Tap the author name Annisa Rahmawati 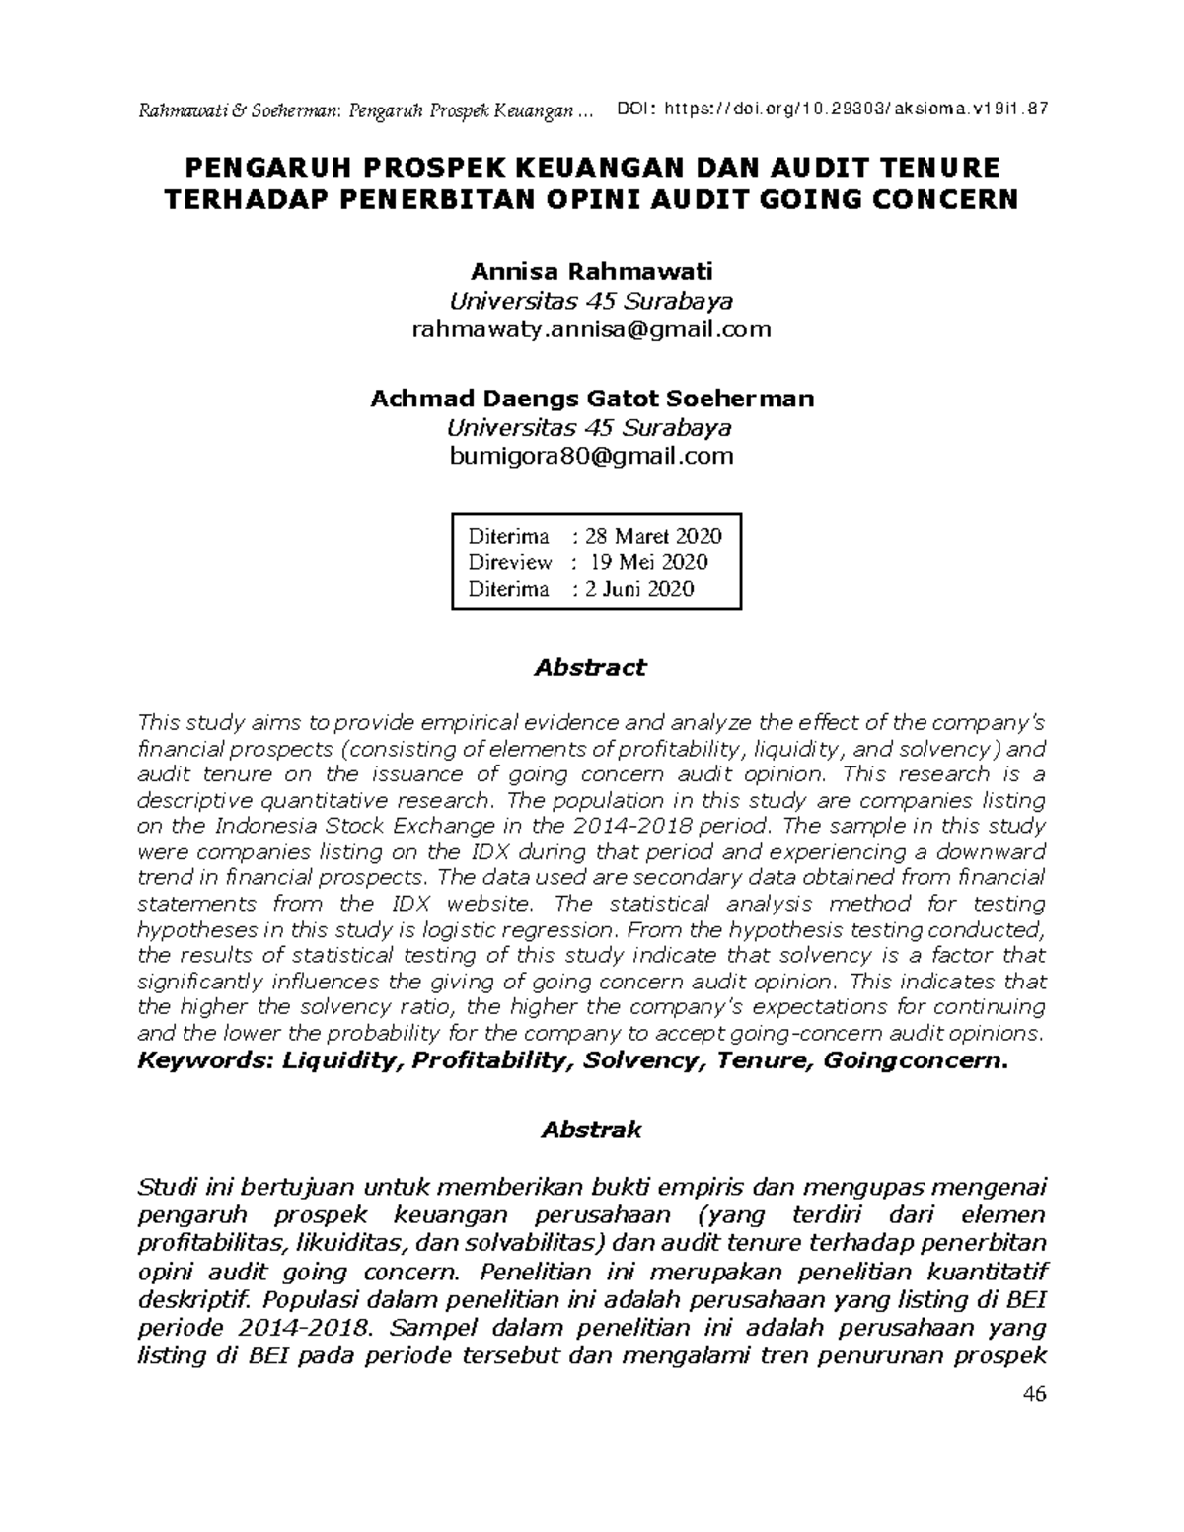point(591,271)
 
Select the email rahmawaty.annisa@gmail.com point(591,328)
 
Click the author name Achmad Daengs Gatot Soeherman point(591,399)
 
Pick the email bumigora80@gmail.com point(591,456)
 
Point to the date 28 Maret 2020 point(653,536)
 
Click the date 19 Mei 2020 point(648,562)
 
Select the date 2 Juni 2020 point(639,589)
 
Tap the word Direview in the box point(509,562)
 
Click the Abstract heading point(590,667)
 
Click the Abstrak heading point(591,1130)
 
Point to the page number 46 point(1034,1394)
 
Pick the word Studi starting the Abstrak point(164,1185)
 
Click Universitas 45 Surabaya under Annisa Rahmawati point(591,300)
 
